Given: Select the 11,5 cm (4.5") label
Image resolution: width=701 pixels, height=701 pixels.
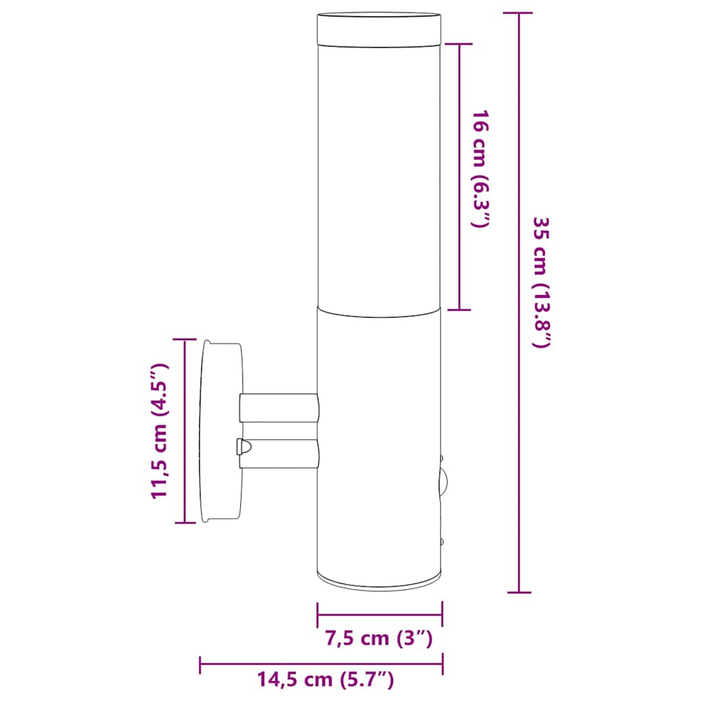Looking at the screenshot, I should pyautogui.click(x=160, y=431).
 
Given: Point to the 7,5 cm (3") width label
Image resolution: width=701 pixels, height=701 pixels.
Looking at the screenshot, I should pyautogui.click(x=379, y=639).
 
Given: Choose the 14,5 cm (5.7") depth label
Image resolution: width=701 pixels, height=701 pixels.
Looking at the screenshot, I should pyautogui.click(x=325, y=680).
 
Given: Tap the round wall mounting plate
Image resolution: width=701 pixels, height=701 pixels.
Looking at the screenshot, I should pyautogui.click(x=221, y=431).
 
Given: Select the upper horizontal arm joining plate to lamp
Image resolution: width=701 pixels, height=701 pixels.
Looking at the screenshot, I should pyautogui.click(x=279, y=407).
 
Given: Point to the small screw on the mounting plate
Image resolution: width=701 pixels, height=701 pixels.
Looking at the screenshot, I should pyautogui.click(x=242, y=447).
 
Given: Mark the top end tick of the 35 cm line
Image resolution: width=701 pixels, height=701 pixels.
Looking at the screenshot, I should pyautogui.click(x=519, y=13).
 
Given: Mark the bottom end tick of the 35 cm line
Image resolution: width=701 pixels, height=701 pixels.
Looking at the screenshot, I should pyautogui.click(x=519, y=592).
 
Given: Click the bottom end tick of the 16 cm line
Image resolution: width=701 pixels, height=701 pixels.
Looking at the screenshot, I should pyautogui.click(x=459, y=309).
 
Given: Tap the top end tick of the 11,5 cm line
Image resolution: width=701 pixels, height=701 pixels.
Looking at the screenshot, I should pyautogui.click(x=185, y=340).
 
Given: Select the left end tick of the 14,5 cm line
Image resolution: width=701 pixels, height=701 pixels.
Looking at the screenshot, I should pyautogui.click(x=200, y=663).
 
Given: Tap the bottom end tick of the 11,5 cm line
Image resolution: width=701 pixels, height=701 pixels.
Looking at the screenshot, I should pyautogui.click(x=185, y=522).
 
